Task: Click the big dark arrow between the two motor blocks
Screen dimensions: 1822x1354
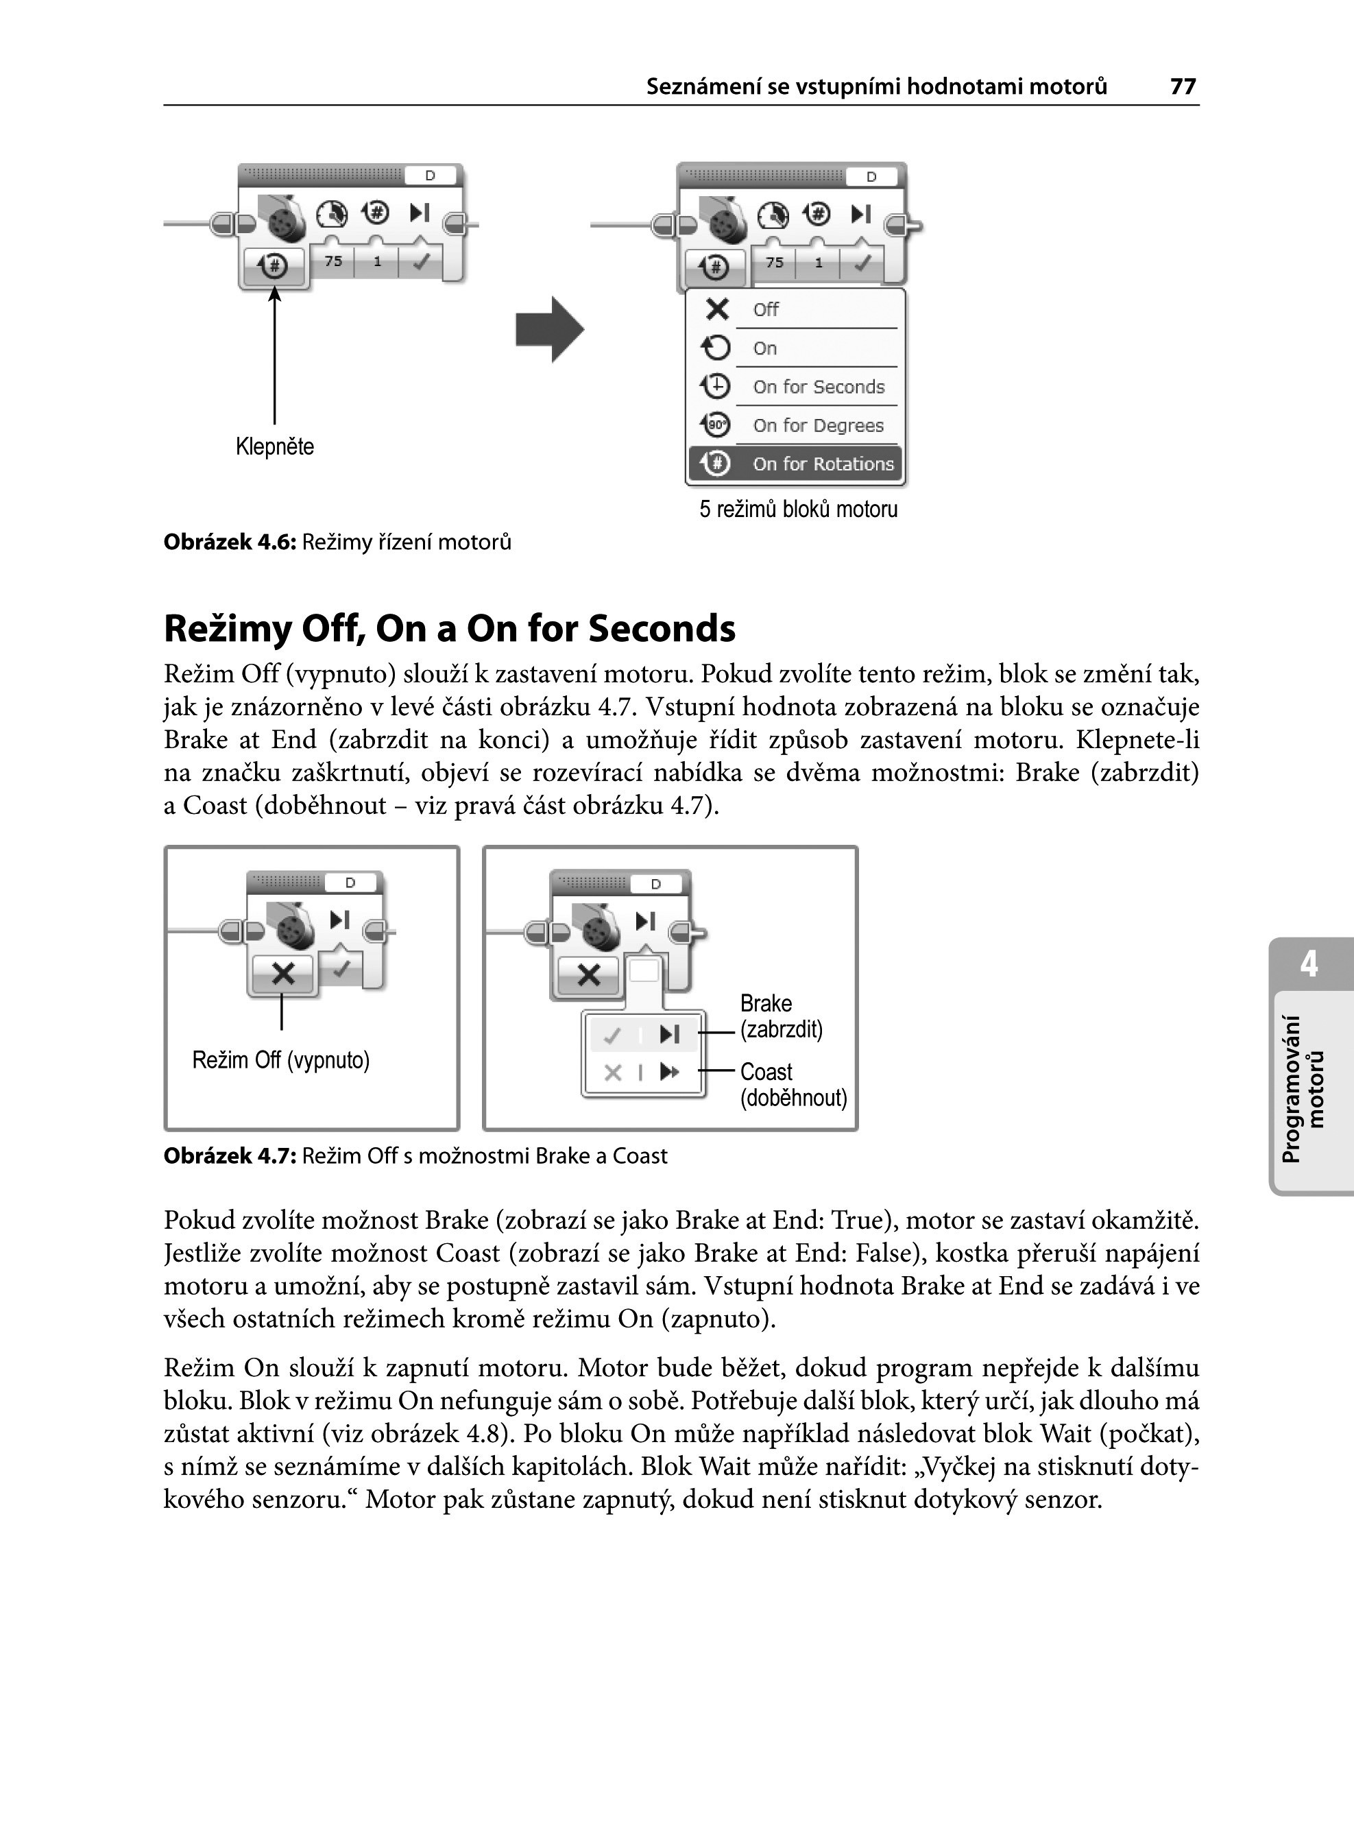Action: (x=549, y=329)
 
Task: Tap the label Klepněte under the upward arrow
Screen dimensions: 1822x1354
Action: (x=274, y=446)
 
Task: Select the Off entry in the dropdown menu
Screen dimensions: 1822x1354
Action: (x=766, y=310)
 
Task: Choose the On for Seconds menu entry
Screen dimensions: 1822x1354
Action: (x=818, y=387)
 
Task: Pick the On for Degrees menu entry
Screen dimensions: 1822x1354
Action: (x=818, y=425)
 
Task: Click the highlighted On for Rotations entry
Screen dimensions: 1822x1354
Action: (x=822, y=464)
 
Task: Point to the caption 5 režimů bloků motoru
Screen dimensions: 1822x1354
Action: (x=798, y=509)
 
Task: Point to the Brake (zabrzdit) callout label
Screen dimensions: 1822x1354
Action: (x=780, y=1016)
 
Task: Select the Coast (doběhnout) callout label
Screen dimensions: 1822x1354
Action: (x=793, y=1084)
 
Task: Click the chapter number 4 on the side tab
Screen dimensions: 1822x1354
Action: (x=1309, y=964)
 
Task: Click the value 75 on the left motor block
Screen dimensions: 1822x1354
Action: (x=333, y=261)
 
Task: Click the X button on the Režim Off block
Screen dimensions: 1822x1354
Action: (x=282, y=974)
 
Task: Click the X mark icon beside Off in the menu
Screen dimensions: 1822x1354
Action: (x=717, y=309)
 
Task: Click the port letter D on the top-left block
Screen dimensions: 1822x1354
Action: (x=429, y=176)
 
